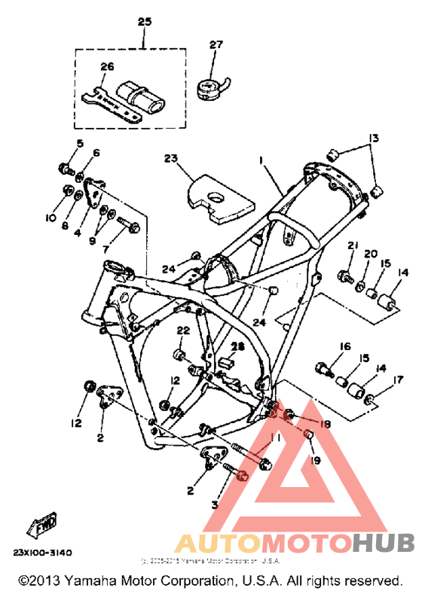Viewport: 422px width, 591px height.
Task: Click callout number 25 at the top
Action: [144, 21]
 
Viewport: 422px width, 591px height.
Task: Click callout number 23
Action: [170, 159]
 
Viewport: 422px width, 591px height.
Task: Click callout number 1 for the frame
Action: [261, 160]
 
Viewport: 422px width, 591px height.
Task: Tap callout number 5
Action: [79, 143]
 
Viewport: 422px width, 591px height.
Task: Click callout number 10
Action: [50, 218]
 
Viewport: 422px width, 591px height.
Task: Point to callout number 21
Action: [351, 247]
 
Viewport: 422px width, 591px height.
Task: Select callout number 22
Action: [182, 330]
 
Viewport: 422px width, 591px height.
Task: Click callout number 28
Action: [239, 346]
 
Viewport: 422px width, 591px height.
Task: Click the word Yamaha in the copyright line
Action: [92, 581]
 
